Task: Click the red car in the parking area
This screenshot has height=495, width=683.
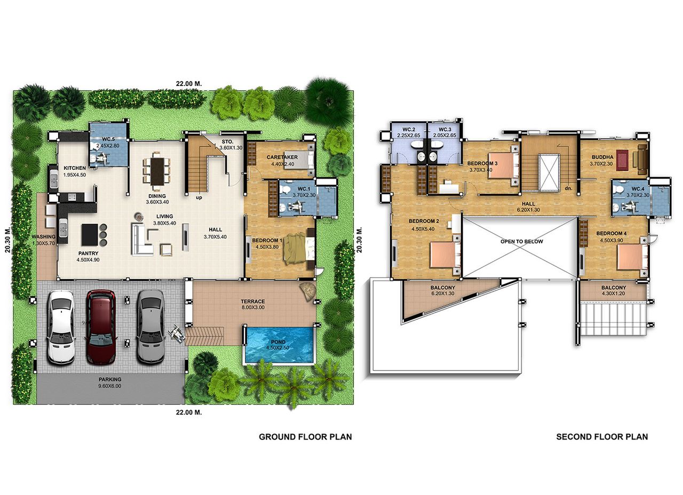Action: pyautogui.click(x=101, y=327)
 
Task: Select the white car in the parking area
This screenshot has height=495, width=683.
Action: pyautogui.click(x=61, y=327)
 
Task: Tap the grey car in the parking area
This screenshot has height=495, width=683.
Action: pyautogui.click(x=150, y=327)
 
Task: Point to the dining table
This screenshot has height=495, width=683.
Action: pyautogui.click(x=157, y=171)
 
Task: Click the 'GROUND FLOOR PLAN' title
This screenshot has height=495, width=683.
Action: pyautogui.click(x=305, y=437)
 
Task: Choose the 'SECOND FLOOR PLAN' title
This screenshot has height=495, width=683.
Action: pyautogui.click(x=602, y=437)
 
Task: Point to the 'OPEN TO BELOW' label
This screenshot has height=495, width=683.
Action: pyautogui.click(x=522, y=241)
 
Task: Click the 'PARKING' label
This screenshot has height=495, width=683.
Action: pyautogui.click(x=110, y=379)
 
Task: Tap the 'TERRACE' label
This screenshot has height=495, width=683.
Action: pyautogui.click(x=253, y=301)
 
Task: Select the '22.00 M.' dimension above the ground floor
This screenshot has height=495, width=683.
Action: pyautogui.click(x=189, y=84)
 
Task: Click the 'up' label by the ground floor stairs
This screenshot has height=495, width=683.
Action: pyautogui.click(x=199, y=198)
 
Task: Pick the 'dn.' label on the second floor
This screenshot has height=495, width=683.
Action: pyautogui.click(x=568, y=188)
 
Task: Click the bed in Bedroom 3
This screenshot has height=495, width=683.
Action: pyautogui.click(x=503, y=166)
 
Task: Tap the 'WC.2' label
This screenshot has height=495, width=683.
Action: pyautogui.click(x=409, y=129)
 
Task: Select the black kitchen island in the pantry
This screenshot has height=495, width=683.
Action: pyautogui.click(x=90, y=234)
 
